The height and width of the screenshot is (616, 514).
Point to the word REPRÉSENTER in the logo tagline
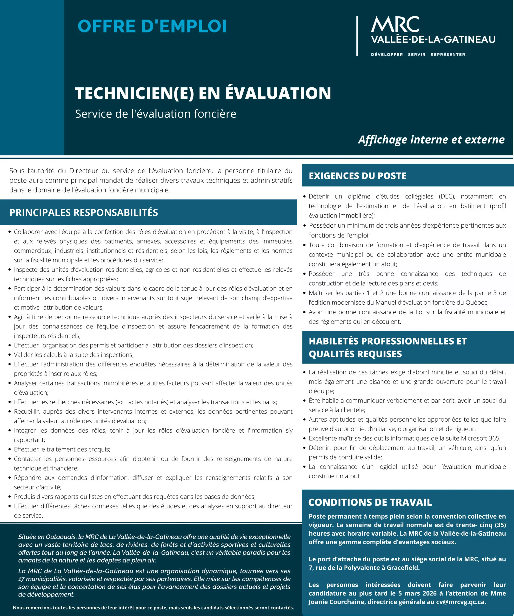point(448,55)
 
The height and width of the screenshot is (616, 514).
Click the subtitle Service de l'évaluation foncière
point(156,114)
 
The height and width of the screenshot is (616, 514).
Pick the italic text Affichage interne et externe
point(431,140)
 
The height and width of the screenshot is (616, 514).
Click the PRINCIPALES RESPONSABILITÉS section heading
point(84,212)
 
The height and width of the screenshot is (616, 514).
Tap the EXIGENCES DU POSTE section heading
point(357,176)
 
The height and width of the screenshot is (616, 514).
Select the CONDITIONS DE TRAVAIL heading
point(370,502)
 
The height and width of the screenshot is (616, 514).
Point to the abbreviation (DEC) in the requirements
point(447,196)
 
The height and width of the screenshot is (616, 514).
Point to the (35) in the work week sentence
point(500,525)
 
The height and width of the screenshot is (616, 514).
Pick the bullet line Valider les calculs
point(74,355)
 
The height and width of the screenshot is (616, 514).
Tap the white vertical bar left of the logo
point(357,36)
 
